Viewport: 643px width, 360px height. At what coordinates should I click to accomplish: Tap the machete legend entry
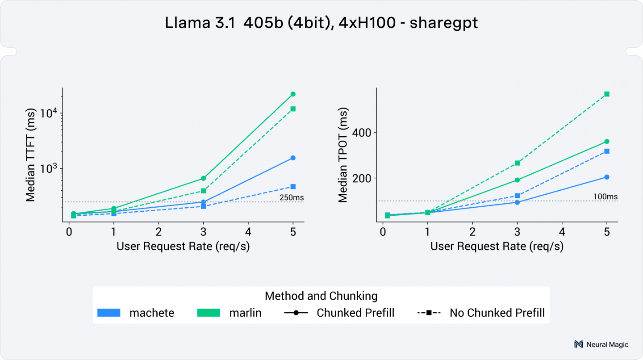136,313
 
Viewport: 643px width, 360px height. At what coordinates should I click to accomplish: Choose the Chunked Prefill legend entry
339,313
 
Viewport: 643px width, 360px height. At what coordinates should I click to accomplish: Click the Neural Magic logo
601,344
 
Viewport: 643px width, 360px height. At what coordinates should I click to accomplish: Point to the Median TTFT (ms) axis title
30,155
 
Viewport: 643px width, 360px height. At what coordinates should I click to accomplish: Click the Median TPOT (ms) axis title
343,155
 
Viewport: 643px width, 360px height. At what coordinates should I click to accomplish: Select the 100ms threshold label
605,196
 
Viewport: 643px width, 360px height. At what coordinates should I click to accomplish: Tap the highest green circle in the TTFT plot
293,94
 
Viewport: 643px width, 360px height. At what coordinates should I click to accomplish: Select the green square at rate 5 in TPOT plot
607,94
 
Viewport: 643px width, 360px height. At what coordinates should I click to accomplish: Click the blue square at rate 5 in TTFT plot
293,186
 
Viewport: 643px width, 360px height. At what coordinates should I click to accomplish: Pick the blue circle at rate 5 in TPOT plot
607,177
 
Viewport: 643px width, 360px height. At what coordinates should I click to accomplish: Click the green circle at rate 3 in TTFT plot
203,178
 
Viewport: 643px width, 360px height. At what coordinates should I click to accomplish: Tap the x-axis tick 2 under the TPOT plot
472,232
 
